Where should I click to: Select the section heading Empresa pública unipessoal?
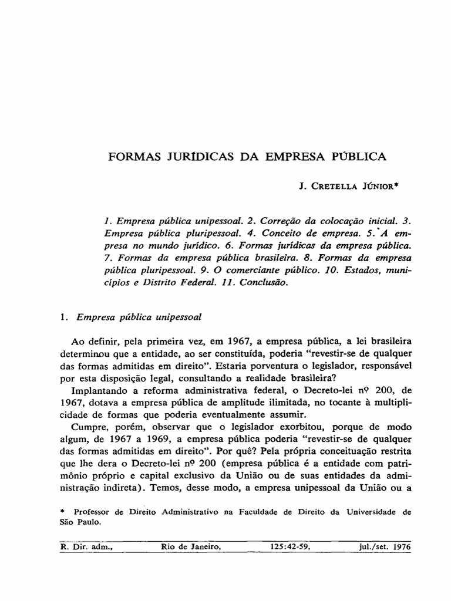point(136,317)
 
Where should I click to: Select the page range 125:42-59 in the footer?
point(290,547)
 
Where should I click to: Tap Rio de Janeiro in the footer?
point(191,547)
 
